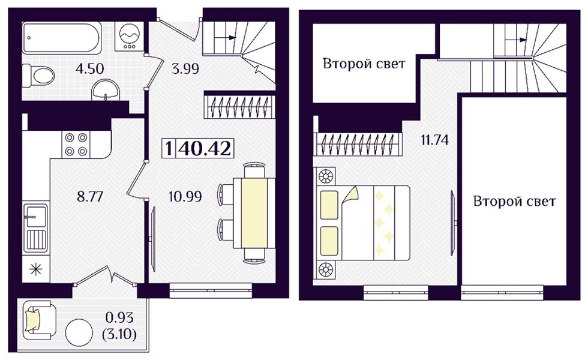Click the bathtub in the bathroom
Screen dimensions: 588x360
pyautogui.click(x=62, y=37)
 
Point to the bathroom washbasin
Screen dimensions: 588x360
pyautogui.click(x=106, y=90)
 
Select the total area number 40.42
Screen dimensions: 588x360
pyautogui.click(x=205, y=149)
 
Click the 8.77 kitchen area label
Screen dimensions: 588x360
pyautogui.click(x=90, y=197)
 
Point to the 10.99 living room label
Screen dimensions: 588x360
pyautogui.click(x=185, y=196)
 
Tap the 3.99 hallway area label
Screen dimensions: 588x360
pyautogui.click(x=185, y=68)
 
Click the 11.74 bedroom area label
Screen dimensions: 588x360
pyautogui.click(x=434, y=140)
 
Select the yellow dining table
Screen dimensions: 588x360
pyautogui.click(x=254, y=213)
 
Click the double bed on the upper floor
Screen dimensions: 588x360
pyautogui.click(x=363, y=223)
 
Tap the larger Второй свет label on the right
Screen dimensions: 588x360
pyautogui.click(x=514, y=202)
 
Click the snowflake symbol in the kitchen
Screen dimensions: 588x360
pyautogui.click(x=36, y=269)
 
